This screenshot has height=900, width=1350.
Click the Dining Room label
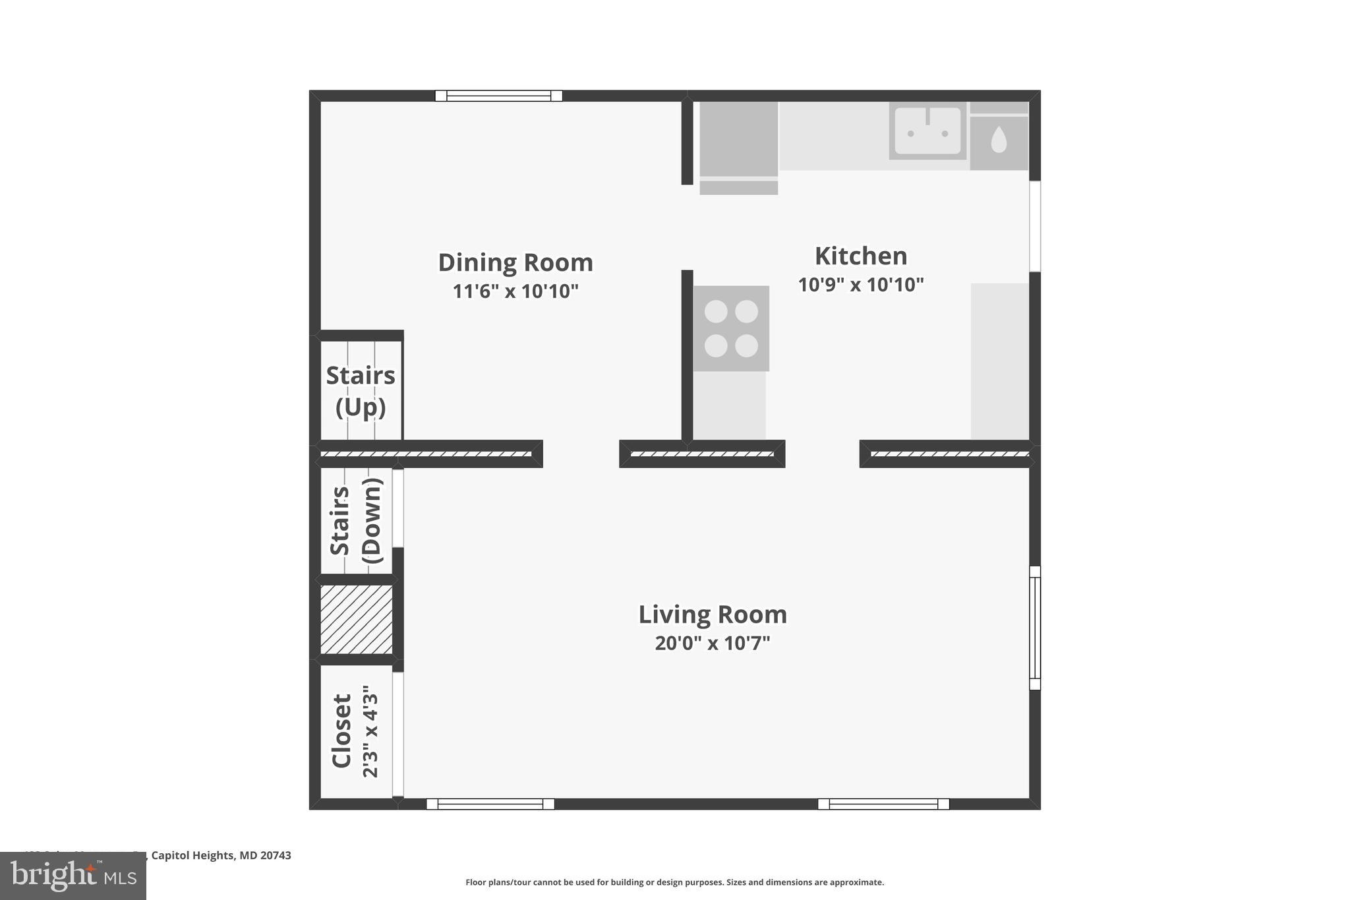[515, 262]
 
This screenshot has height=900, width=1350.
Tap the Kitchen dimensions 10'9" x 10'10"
[860, 285]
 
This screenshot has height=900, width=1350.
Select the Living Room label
[712, 615]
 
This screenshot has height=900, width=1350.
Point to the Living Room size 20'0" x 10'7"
[712, 643]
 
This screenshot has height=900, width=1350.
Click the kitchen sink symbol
[927, 131]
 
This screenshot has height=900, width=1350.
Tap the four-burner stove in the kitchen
[730, 328]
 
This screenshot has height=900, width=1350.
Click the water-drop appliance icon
[999, 140]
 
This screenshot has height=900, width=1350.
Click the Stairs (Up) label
[361, 390]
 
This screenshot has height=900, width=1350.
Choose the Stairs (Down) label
[356, 521]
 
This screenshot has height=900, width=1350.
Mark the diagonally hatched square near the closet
[356, 620]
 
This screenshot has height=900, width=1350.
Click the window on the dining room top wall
[498, 96]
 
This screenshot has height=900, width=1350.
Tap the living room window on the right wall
[1034, 628]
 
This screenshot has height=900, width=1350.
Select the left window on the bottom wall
[490, 804]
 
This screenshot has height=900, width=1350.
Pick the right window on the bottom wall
[883, 804]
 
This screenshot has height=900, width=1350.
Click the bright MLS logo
[73, 876]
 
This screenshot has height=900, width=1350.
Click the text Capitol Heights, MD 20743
[221, 855]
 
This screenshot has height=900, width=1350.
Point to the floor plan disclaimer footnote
[674, 882]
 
